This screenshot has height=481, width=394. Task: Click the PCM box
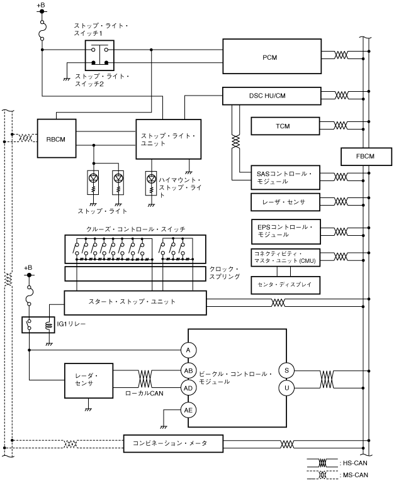point(270,57)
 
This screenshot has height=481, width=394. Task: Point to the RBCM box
point(57,138)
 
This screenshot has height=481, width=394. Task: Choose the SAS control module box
point(285,177)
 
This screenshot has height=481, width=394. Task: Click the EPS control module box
point(285,229)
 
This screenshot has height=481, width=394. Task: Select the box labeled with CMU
point(285,257)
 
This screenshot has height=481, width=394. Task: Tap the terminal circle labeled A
point(188,350)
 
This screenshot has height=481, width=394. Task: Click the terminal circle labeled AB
point(188,370)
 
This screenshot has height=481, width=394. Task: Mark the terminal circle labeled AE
point(188,410)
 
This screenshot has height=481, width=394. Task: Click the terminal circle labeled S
point(286,370)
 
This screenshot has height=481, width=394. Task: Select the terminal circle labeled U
point(286,388)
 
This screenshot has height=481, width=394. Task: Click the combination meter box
point(174,443)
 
